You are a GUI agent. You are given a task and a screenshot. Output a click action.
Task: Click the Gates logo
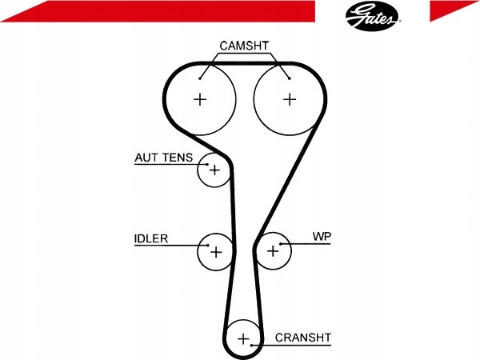point(372,16)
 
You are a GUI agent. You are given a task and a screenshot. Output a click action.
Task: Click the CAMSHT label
point(244,46)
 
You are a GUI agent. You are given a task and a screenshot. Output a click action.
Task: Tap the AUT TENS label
point(164,158)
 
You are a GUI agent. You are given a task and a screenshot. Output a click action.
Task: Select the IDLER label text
point(151,238)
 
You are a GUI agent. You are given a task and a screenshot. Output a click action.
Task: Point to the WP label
point(322,236)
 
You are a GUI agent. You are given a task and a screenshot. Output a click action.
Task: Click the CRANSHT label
point(303,338)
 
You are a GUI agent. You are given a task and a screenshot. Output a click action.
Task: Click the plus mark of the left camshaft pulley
point(200,99)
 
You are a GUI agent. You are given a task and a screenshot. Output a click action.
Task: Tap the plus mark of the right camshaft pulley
point(290,99)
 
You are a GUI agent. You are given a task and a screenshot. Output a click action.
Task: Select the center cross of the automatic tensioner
point(214,170)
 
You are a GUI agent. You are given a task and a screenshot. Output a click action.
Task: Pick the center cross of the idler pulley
point(216,252)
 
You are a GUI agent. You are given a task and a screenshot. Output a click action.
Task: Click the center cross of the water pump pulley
point(273,251)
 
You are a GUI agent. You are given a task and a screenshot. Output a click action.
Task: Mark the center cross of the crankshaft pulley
point(243,339)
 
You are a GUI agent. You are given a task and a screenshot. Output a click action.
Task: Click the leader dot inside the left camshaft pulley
point(199,78)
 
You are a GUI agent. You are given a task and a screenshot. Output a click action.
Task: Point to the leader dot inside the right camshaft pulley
point(290,78)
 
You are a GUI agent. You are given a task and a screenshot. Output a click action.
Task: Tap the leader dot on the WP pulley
point(281,244)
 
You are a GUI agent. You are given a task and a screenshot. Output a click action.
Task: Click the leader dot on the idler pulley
point(208,245)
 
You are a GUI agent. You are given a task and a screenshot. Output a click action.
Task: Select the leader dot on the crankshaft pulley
point(251,346)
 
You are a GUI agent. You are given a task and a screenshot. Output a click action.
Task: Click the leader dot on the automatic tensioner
point(207,164)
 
